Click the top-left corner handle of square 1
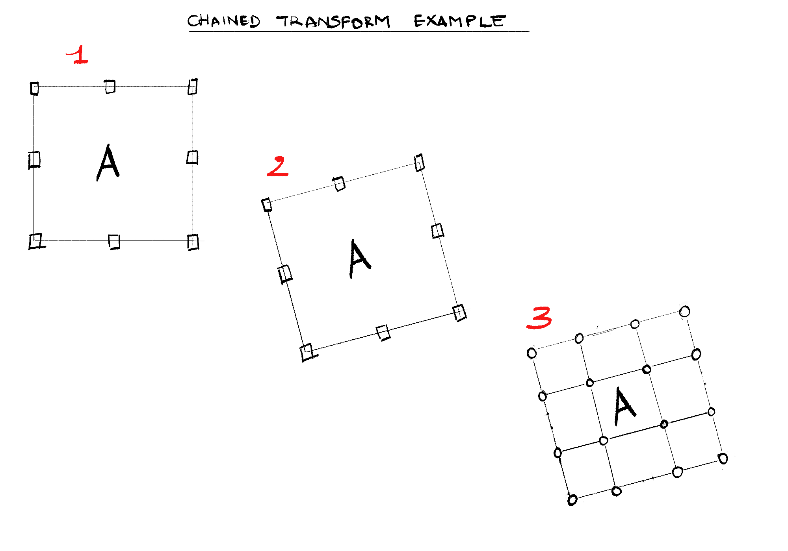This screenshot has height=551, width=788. pos(35,89)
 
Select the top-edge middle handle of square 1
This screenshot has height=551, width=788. pos(110,87)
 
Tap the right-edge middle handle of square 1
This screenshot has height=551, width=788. pos(192,157)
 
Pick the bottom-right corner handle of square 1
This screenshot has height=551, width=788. pos(193,242)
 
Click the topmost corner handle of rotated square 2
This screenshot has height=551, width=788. pos(420,163)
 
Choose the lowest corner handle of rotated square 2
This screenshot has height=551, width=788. pos(308,353)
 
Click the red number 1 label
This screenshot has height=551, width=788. pos(78,55)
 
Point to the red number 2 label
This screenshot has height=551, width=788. pos(278,166)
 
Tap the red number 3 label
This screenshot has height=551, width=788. pos(539,318)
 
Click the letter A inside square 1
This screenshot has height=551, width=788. pos(108,163)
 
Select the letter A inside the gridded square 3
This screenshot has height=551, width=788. pos(624,406)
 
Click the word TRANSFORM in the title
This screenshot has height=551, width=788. pos(333,21)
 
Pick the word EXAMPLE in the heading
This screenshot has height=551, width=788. pos(459,21)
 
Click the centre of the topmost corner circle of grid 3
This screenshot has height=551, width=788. pos(685,312)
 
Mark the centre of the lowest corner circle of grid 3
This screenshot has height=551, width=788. pos(572,500)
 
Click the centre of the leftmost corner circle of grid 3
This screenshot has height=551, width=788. pos(532,353)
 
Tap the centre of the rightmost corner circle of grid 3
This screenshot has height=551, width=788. pos(723,459)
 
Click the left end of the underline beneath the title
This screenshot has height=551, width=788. pos(189,31)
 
